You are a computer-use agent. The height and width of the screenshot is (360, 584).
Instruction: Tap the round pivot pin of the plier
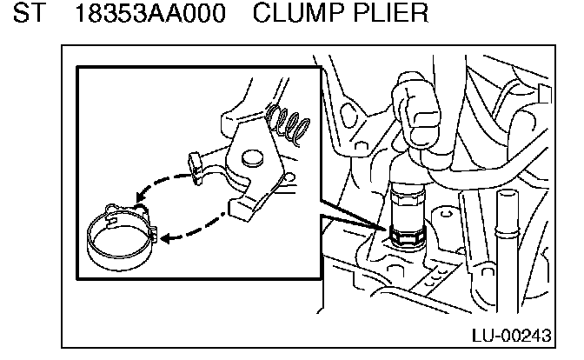(x=252, y=157)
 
